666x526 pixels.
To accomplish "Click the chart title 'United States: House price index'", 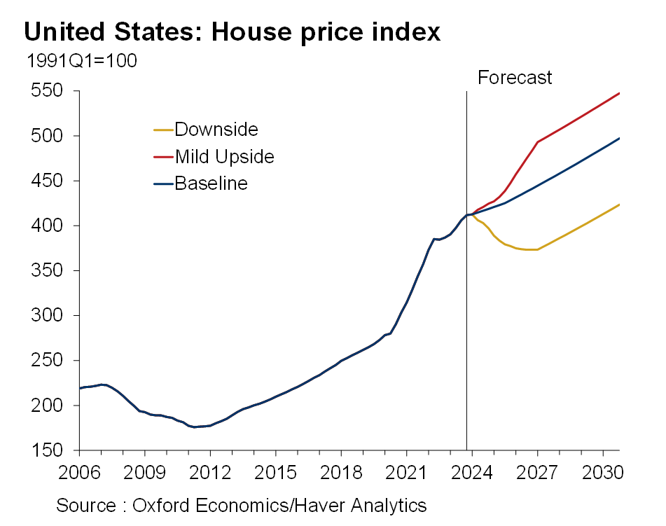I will click(x=232, y=32).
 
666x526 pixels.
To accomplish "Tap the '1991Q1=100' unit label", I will click(x=81, y=61).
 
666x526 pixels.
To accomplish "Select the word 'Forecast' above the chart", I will click(x=515, y=77).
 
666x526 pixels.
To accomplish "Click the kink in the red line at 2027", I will click(x=537, y=142).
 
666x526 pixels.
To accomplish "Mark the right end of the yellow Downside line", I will click(x=619, y=205).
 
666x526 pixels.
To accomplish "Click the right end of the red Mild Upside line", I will click(x=619, y=94).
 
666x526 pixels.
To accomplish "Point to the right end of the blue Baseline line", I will click(x=619, y=139).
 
